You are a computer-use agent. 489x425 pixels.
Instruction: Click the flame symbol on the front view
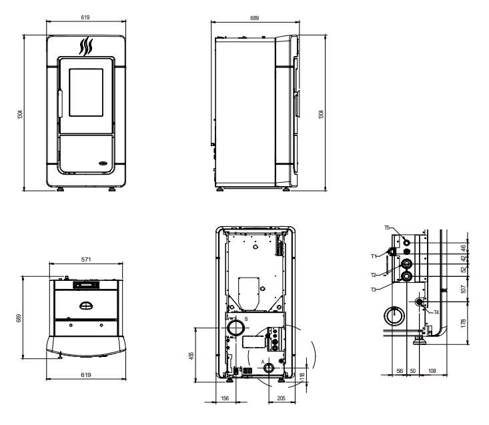pyautogui.click(x=86, y=47)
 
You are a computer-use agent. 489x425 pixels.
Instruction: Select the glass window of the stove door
pyautogui.click(x=86, y=93)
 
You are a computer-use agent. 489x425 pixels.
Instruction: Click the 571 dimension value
pyautogui.click(x=86, y=260)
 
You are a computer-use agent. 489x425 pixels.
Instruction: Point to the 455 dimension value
pyautogui.click(x=191, y=356)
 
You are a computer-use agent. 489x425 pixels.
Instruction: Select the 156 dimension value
pyautogui.click(x=225, y=398)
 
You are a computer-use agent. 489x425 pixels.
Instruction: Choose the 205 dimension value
pyautogui.click(x=281, y=398)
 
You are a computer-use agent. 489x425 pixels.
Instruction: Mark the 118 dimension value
pyautogui.click(x=302, y=376)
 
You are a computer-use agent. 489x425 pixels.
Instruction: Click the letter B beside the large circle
pyautogui.click(x=246, y=319)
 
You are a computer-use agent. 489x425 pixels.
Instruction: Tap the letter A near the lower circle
pyautogui.click(x=263, y=362)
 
